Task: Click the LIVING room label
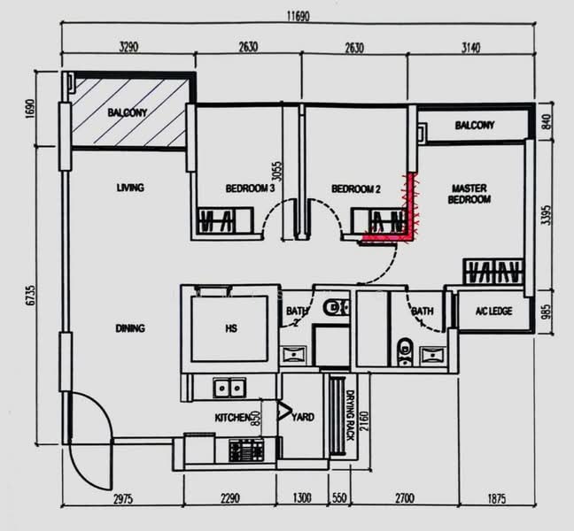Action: pyautogui.click(x=130, y=188)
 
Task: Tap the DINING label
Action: pyautogui.click(x=129, y=328)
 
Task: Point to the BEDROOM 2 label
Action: pyautogui.click(x=355, y=189)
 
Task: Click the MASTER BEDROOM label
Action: pyautogui.click(x=470, y=194)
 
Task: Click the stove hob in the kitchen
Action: pyautogui.click(x=241, y=450)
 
